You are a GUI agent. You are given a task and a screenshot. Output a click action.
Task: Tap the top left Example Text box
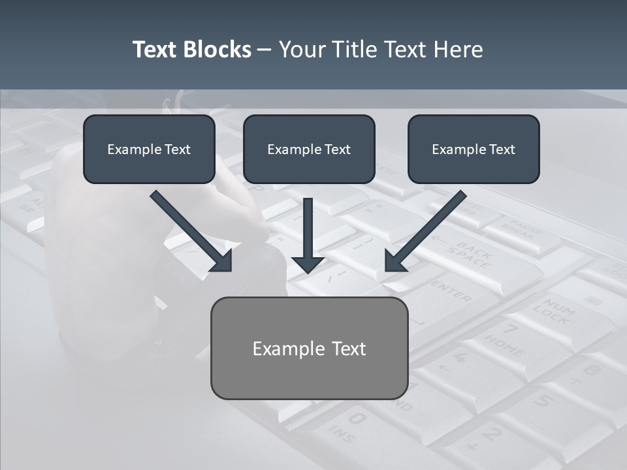149,149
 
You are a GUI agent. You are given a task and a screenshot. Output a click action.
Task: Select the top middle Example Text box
309,149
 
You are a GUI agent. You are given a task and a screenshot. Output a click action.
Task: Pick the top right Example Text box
474,149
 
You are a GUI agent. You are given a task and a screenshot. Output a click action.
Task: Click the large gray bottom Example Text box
309,348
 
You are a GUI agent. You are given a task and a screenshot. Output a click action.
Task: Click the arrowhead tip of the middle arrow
308,272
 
